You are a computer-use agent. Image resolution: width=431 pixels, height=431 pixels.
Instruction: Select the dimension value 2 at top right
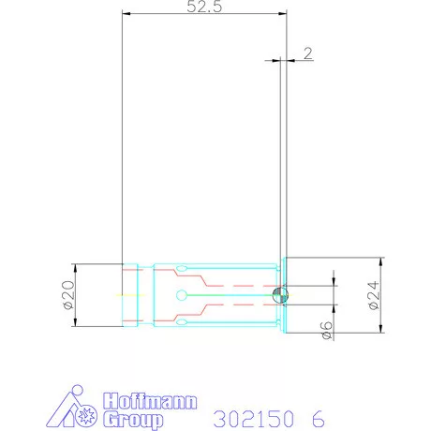(307, 53)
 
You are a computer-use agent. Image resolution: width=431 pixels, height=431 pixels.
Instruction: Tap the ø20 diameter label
(68, 295)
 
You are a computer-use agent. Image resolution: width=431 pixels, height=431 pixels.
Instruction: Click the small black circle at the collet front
(280, 294)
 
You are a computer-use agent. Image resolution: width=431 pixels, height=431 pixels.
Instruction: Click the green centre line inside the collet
(225, 295)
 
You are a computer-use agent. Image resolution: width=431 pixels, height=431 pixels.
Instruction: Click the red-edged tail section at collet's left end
(132, 295)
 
